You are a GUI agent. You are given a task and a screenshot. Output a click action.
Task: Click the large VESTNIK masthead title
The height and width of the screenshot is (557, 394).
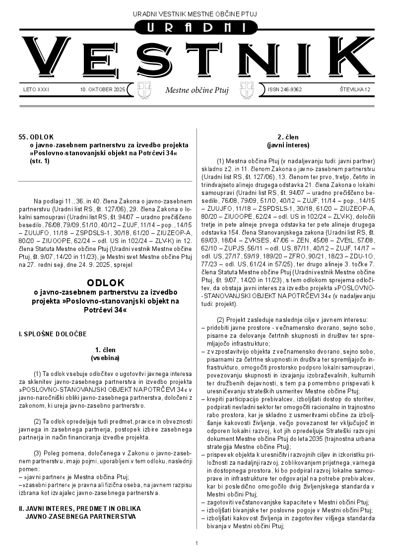pyautogui.click(x=197, y=58)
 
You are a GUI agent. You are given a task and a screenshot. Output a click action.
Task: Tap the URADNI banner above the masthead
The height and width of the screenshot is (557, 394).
pyautogui.click(x=197, y=28)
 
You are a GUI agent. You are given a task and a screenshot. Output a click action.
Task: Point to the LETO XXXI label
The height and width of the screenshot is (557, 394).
pyautogui.click(x=36, y=90)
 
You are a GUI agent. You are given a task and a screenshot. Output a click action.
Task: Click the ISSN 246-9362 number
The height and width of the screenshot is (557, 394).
pyautogui.click(x=285, y=90)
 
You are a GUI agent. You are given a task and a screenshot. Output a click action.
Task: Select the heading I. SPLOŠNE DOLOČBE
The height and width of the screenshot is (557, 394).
pyautogui.click(x=53, y=334)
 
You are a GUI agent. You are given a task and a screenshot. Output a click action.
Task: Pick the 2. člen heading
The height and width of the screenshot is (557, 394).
pyautogui.click(x=287, y=137)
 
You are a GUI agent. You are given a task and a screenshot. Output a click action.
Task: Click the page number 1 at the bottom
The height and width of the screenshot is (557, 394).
pyautogui.click(x=197, y=543)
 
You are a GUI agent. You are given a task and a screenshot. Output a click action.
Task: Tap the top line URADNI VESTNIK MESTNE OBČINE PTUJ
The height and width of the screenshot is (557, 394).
pyautogui.click(x=197, y=13)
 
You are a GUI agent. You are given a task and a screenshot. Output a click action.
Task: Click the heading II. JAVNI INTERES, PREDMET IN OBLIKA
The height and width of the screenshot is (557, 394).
pyautogui.click(x=79, y=508)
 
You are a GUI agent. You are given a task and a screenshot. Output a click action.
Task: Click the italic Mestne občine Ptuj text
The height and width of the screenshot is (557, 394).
pyautogui.click(x=197, y=90)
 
